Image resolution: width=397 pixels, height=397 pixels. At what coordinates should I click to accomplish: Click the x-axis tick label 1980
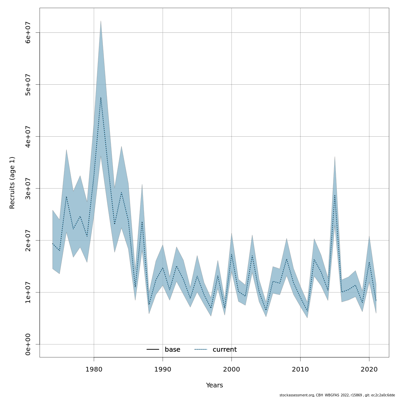[x=94, y=369]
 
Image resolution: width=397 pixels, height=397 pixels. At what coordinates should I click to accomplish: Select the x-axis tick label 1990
[x=163, y=369]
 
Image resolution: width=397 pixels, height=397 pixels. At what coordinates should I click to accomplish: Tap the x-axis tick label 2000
[x=232, y=369]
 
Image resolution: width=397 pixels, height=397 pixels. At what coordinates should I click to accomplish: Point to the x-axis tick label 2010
[x=300, y=369]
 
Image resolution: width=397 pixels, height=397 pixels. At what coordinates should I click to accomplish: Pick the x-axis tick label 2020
[x=369, y=369]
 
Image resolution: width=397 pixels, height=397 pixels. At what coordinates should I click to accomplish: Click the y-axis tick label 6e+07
[x=28, y=32]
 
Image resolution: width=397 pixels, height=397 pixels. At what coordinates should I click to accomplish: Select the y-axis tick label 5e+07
[x=28, y=84]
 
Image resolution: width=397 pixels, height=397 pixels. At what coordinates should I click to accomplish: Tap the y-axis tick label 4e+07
[x=28, y=136]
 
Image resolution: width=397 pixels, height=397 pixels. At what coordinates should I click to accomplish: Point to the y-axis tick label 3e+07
[x=28, y=188]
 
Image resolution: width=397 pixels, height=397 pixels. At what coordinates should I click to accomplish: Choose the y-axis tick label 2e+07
[x=28, y=240]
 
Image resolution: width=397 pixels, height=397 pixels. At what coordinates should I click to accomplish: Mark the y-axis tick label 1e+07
[x=28, y=292]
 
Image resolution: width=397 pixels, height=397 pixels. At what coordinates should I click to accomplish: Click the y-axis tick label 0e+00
[x=28, y=344]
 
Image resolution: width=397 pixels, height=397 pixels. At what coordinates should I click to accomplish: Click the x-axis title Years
[x=214, y=385]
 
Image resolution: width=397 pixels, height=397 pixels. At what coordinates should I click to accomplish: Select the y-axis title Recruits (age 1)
[x=12, y=183]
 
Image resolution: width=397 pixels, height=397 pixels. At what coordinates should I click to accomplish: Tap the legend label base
[x=172, y=350]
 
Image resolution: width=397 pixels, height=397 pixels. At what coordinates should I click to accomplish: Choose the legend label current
[x=225, y=350]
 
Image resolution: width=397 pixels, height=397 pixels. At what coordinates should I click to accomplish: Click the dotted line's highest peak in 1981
[x=101, y=97]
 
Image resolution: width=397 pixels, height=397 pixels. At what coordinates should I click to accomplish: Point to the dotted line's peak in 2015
[x=335, y=195]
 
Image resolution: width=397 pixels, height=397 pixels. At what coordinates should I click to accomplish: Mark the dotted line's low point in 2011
[x=307, y=311]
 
